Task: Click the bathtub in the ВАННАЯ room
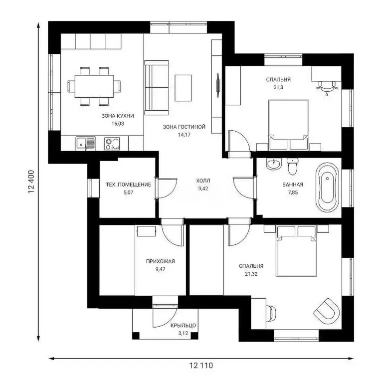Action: pos(327,187)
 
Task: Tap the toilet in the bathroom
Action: pos(292,166)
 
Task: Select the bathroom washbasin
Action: pos(274,164)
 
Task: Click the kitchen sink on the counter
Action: pos(86,144)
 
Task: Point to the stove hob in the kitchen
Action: pos(112,144)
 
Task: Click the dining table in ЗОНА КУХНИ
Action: pos(94,86)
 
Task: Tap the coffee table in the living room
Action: pos(183,88)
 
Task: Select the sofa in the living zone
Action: pos(157,88)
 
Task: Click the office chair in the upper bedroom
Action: pos(327,88)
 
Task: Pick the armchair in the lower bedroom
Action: pos(326,310)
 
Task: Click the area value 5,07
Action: pos(129,192)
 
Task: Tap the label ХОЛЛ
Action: pos(203,181)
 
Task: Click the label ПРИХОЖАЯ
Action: pos(161,261)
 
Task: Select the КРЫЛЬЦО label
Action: pos(183,325)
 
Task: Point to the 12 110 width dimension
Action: pos(201,366)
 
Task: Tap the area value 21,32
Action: pos(251,274)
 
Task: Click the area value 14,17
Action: pos(184,135)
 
